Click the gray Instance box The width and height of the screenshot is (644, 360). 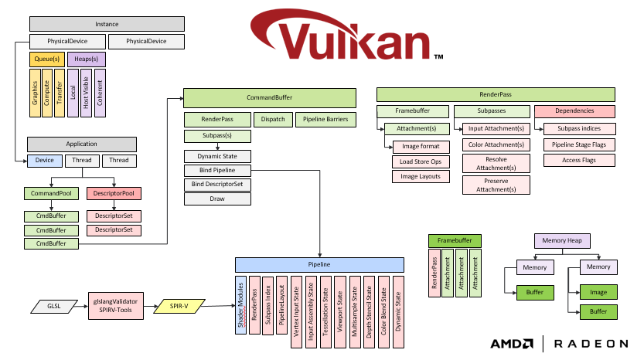[x=107, y=24]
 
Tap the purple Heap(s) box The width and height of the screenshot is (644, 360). [x=86, y=59]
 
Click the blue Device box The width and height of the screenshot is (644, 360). [x=43, y=161]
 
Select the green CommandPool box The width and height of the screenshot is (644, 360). [x=52, y=193]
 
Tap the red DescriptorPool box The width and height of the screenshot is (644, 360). [x=114, y=193]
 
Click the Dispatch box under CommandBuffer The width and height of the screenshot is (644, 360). [x=273, y=120]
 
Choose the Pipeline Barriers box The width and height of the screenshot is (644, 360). [x=325, y=120]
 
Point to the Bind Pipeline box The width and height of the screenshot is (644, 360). [x=217, y=170]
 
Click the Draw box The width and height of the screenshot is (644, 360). [x=217, y=199]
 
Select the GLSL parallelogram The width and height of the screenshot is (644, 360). [x=52, y=306]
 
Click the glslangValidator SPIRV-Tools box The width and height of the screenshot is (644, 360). [x=114, y=306]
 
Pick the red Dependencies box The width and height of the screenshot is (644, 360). [x=574, y=112]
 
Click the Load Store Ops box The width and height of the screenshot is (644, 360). [x=421, y=161]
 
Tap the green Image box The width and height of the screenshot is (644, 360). [x=598, y=293]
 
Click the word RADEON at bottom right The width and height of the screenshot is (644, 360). [x=599, y=344]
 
